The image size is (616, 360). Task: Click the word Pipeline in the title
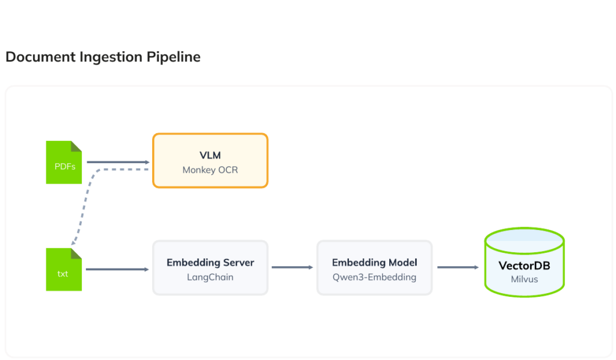tap(173, 57)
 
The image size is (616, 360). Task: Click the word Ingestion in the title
tap(111, 57)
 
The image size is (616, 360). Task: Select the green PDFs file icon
tap(64, 163)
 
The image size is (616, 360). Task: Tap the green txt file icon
tap(64, 270)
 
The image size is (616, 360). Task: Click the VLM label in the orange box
tap(210, 155)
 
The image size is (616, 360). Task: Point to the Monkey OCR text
tap(210, 170)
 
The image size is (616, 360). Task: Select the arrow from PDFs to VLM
tap(119, 162)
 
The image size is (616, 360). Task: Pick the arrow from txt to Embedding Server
tap(117, 269)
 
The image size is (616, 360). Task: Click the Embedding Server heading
tap(210, 262)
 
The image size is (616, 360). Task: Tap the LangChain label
tap(210, 277)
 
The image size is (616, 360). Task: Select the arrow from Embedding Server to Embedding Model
tap(292, 267)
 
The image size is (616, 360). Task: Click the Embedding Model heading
tap(374, 262)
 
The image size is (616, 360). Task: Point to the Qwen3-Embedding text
tap(374, 277)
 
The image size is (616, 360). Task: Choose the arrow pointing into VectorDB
tap(458, 267)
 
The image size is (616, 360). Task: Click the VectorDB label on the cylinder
tap(525, 265)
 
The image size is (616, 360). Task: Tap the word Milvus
tap(525, 279)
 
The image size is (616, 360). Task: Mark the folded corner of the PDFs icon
tap(76, 146)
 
